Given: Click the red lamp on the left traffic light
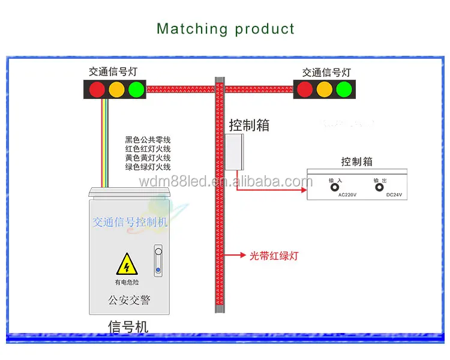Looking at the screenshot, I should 97,89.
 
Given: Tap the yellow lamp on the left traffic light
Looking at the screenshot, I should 116,89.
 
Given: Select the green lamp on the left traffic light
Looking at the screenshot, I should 136,89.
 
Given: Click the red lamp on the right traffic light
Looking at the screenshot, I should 305,89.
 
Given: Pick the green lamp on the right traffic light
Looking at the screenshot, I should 343,89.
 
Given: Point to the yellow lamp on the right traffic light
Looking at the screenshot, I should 324,89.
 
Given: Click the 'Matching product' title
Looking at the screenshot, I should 226,28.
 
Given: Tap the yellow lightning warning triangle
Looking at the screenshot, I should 127,263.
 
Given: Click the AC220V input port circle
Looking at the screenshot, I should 333,187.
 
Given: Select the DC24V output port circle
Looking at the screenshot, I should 379,187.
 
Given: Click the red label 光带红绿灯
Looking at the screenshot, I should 274,256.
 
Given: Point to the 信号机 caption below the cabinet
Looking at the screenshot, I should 128,326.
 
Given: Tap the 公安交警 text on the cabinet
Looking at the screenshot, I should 129,299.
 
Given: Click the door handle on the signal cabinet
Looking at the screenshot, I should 158,258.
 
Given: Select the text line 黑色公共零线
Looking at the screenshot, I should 148,140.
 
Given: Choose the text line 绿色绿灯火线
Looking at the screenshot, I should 148,167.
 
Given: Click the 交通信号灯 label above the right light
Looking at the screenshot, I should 327,73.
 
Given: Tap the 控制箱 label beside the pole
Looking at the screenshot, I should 249,125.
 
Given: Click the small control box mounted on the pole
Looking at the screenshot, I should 235,152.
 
